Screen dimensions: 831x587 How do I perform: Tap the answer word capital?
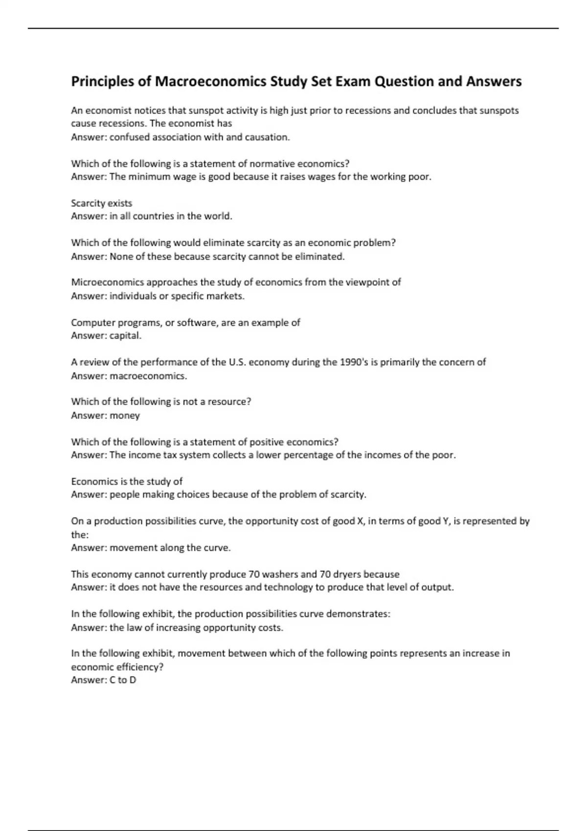click(125, 336)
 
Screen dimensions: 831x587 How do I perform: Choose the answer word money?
click(125, 415)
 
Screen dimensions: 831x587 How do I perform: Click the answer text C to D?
click(123, 680)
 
